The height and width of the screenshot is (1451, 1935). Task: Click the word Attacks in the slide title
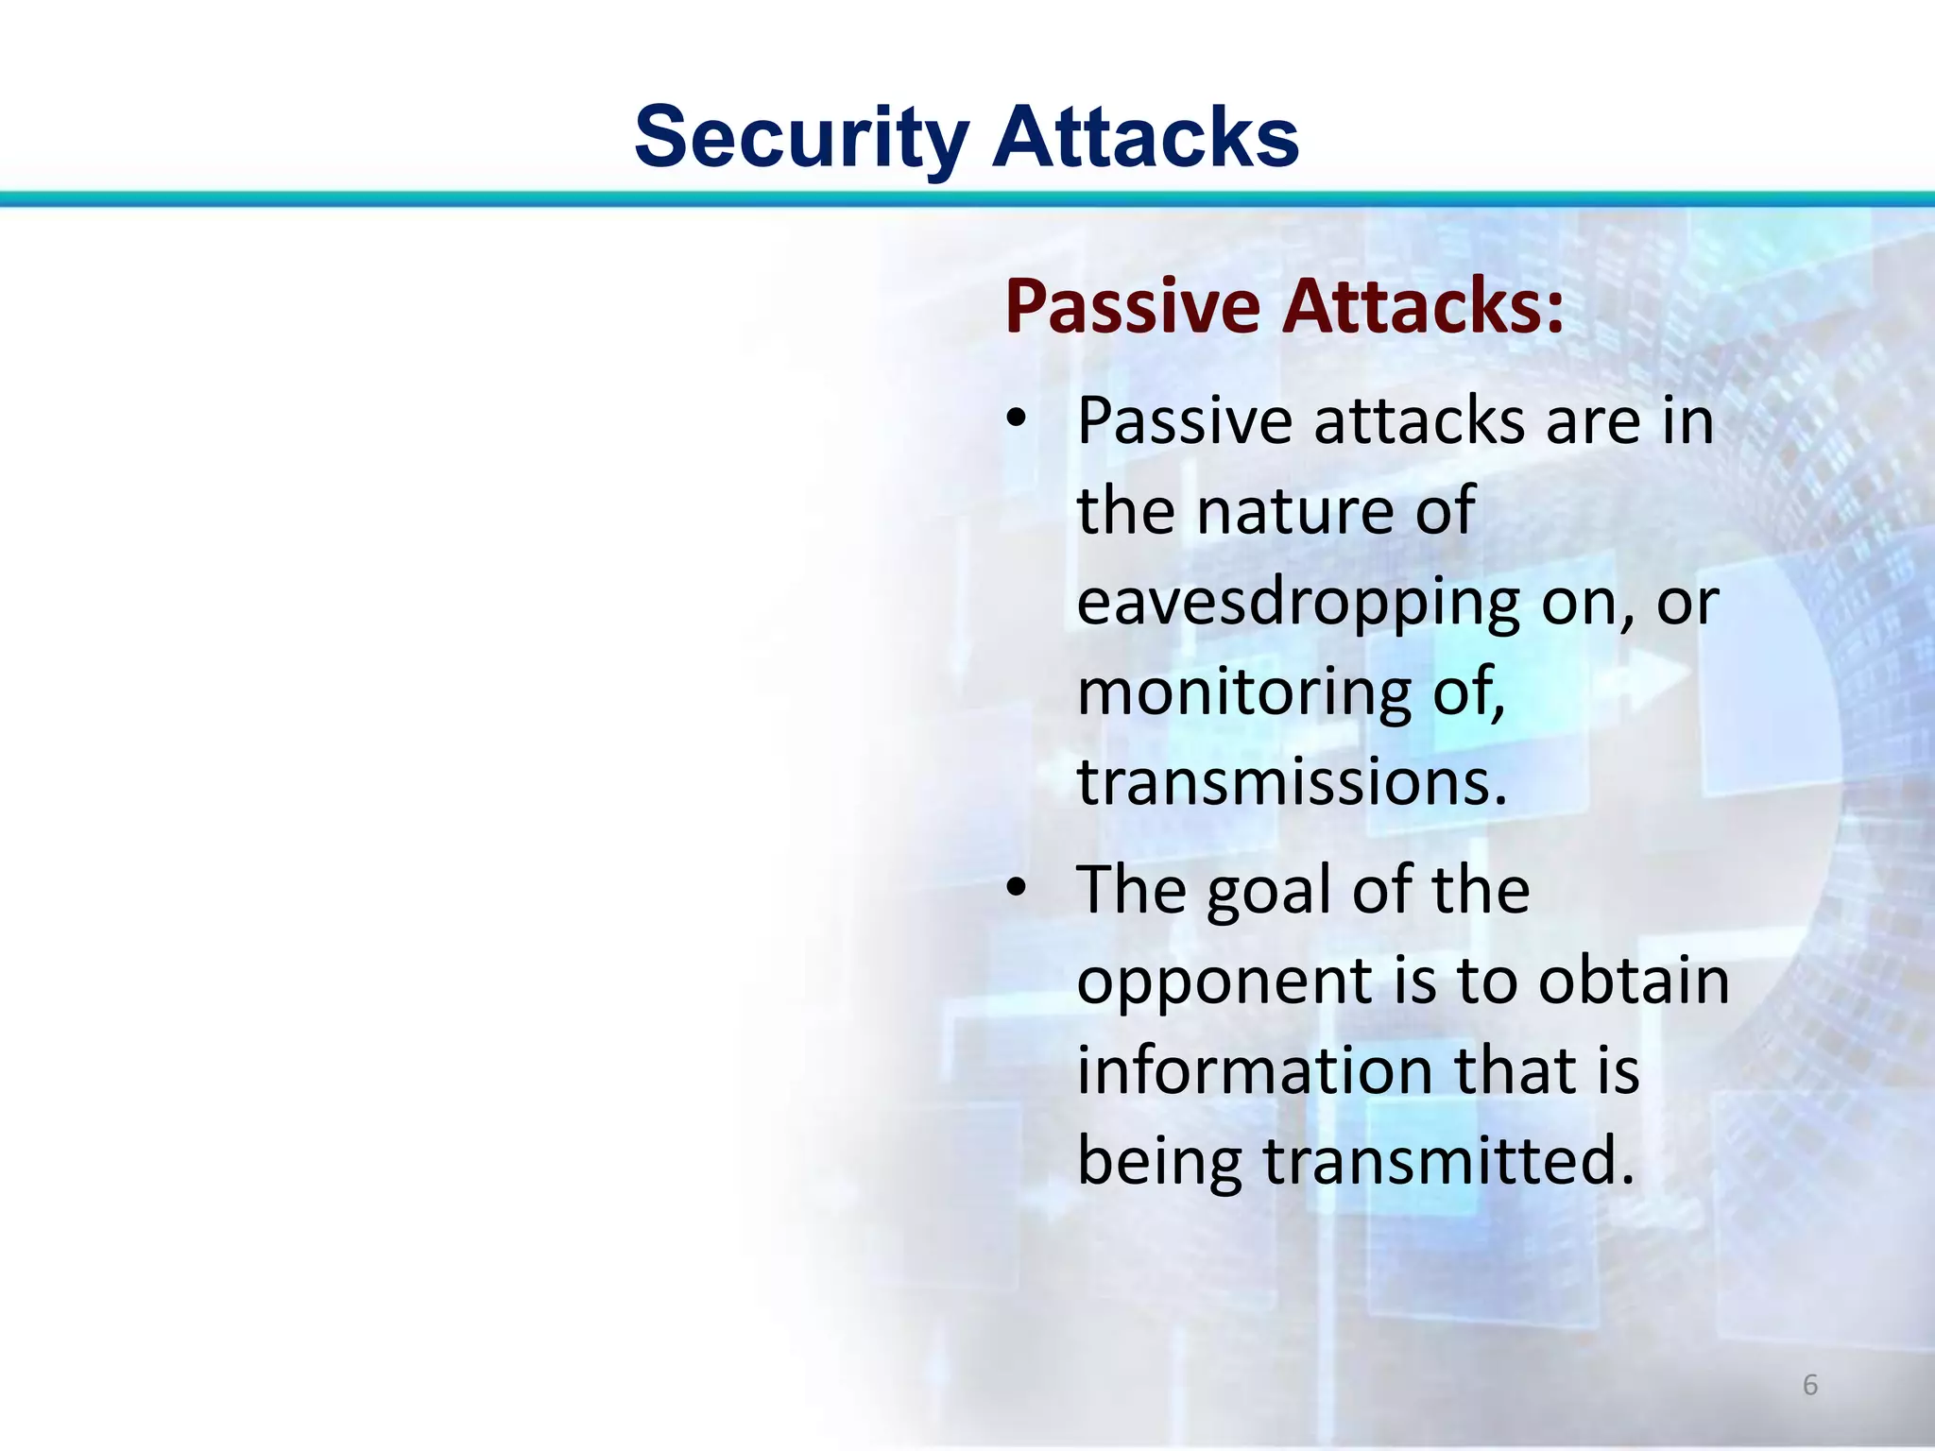pyautogui.click(x=1146, y=138)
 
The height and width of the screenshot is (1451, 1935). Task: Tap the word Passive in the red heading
pyautogui.click(x=1133, y=307)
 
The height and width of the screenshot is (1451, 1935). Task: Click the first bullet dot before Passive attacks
pyautogui.click(x=1015, y=419)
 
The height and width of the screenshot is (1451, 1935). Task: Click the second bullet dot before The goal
pyautogui.click(x=1015, y=889)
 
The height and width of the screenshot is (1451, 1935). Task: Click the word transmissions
pyautogui.click(x=1291, y=782)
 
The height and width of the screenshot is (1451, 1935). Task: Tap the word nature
pyautogui.click(x=1293, y=511)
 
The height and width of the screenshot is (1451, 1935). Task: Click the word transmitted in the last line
pyautogui.click(x=1447, y=1161)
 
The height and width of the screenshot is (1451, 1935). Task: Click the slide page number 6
pyautogui.click(x=1809, y=1385)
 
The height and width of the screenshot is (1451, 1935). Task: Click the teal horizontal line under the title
pyautogui.click(x=967, y=198)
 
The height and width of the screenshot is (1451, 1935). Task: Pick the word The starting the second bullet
pyautogui.click(x=1133, y=890)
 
